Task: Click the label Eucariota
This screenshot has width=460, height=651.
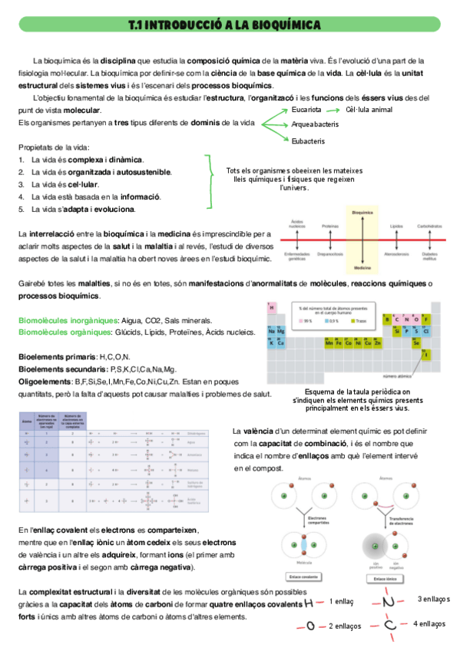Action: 306,110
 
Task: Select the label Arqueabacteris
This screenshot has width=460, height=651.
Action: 315,124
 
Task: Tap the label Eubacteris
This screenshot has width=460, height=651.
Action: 308,141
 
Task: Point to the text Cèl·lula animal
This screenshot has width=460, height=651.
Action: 369,110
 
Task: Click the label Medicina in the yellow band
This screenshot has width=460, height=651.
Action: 362,268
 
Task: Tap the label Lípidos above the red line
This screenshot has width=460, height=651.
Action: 396,226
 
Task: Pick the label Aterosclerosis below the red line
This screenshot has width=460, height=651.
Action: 396,253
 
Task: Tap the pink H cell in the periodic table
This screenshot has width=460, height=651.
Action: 272,308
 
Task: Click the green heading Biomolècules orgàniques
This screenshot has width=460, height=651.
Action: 68,332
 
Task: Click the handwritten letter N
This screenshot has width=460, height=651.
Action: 389,601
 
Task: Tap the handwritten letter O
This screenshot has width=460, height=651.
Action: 310,626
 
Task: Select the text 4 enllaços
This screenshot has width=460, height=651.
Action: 429,623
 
